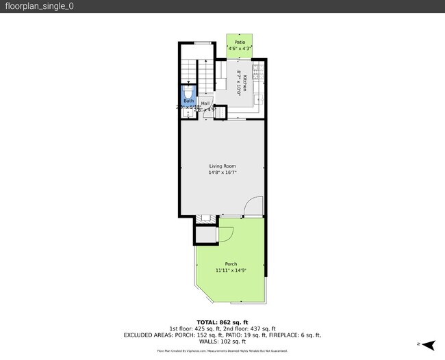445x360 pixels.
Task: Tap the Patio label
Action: point(240,42)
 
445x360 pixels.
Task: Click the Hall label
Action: point(205,103)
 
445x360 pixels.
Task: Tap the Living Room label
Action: point(222,166)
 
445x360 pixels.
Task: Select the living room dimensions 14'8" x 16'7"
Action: point(222,172)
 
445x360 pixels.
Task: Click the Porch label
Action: point(231,264)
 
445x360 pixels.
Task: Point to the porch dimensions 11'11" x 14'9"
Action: point(231,270)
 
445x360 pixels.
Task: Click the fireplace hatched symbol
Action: point(203,219)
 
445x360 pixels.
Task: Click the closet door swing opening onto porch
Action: point(227,233)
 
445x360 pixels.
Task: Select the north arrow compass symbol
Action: point(429,344)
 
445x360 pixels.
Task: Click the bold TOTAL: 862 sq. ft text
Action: point(222,322)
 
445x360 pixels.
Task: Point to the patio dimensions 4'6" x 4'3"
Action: point(240,49)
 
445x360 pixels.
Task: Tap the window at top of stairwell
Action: point(202,44)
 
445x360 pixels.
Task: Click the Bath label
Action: point(188,101)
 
